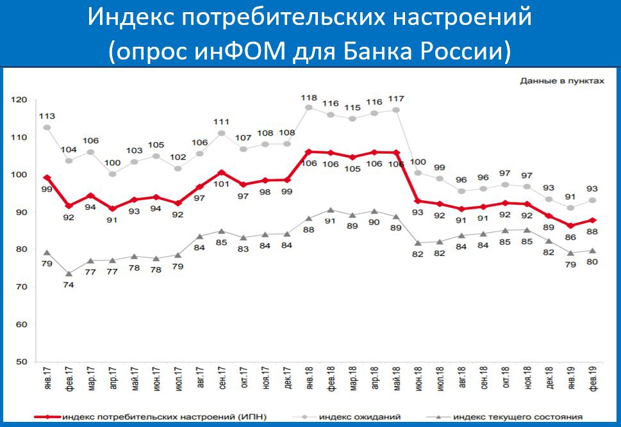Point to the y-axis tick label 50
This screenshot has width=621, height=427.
click(x=20, y=362)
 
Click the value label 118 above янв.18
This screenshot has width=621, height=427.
click(x=309, y=97)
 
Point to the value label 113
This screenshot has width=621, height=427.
click(x=47, y=116)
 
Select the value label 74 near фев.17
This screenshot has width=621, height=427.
click(x=69, y=285)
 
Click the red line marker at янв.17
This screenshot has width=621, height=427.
click(x=47, y=177)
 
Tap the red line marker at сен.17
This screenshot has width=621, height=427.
click(x=222, y=172)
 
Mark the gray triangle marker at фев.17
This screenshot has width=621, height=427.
click(x=69, y=273)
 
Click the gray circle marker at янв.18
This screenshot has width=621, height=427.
click(x=309, y=108)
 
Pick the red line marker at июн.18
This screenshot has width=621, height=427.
click(x=418, y=201)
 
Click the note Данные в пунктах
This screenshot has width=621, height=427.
click(x=561, y=81)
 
